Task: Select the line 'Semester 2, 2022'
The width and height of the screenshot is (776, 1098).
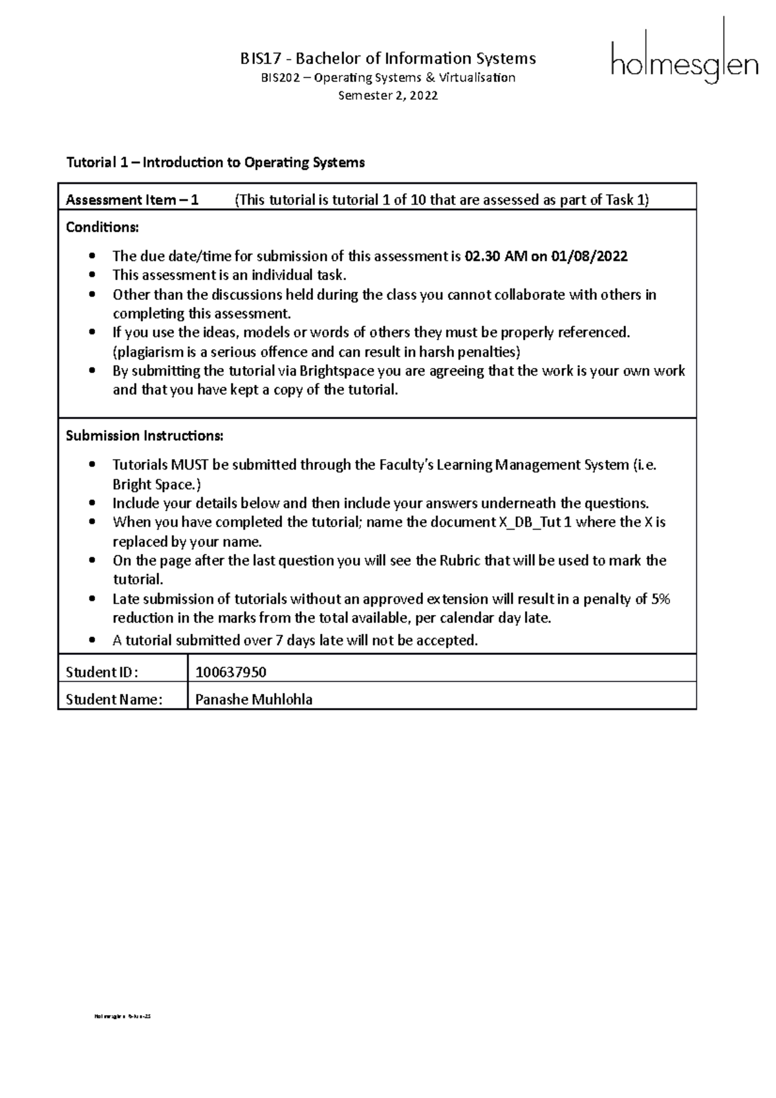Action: point(388,96)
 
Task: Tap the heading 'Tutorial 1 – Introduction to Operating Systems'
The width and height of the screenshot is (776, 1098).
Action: point(215,162)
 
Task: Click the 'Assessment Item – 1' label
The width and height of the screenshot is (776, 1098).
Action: point(132,200)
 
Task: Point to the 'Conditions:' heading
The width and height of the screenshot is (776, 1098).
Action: point(102,228)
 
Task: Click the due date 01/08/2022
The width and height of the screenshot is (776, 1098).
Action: point(589,256)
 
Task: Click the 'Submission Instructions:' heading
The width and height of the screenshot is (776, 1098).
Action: point(144,436)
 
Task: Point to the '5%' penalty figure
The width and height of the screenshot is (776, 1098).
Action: point(660,599)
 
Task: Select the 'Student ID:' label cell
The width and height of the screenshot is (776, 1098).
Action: point(102,673)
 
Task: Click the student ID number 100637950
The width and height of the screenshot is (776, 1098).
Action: point(231,673)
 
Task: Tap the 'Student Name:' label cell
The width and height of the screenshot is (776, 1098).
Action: point(114,700)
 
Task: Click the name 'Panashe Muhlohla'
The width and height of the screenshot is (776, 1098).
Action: point(253,700)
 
